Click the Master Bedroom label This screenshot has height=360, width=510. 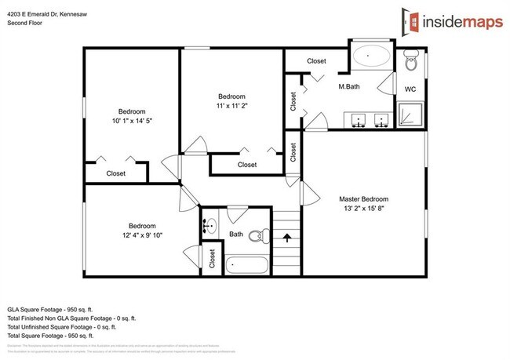(x=364, y=198)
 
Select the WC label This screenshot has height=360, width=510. (x=410, y=89)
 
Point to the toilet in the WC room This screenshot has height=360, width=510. (x=410, y=62)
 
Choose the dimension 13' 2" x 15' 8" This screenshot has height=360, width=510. (x=364, y=209)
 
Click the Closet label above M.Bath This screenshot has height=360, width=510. (x=316, y=60)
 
